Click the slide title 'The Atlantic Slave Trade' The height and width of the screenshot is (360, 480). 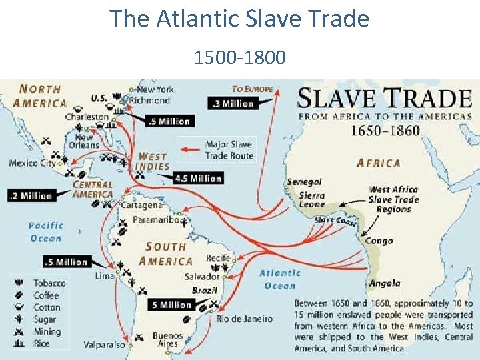tap(239, 18)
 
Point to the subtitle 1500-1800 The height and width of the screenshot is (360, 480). tap(239, 58)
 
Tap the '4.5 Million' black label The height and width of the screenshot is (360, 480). tap(197, 178)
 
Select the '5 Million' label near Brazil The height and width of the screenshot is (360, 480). tap(172, 305)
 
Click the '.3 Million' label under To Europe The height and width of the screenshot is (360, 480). tap(232, 103)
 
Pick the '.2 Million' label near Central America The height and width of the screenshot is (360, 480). tap(31, 195)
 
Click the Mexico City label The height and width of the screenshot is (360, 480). tap(32, 163)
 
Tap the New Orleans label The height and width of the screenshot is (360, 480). tap(83, 141)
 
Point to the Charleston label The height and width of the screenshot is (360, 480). tap(86, 117)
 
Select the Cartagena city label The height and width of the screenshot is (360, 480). tap(141, 205)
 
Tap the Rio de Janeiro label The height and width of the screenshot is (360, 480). tap(244, 319)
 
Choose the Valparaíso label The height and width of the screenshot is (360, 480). tap(104, 345)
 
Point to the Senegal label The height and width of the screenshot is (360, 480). tap(304, 181)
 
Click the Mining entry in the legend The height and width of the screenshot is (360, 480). tap(47, 331)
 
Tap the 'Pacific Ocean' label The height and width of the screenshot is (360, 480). tap(46, 232)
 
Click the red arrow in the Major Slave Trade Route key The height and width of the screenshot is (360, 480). tap(191, 149)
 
